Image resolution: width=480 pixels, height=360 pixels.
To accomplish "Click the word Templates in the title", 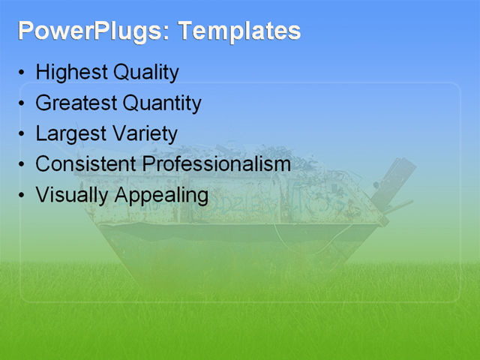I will click(x=240, y=31).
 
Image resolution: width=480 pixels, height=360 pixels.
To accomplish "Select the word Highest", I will click(x=71, y=73).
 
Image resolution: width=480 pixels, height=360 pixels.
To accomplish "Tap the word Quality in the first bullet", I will click(x=145, y=73).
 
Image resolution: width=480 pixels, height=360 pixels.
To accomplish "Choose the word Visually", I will click(x=72, y=195).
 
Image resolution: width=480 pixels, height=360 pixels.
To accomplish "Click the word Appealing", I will click(x=161, y=195).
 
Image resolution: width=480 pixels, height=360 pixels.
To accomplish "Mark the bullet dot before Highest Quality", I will click(x=21, y=74).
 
